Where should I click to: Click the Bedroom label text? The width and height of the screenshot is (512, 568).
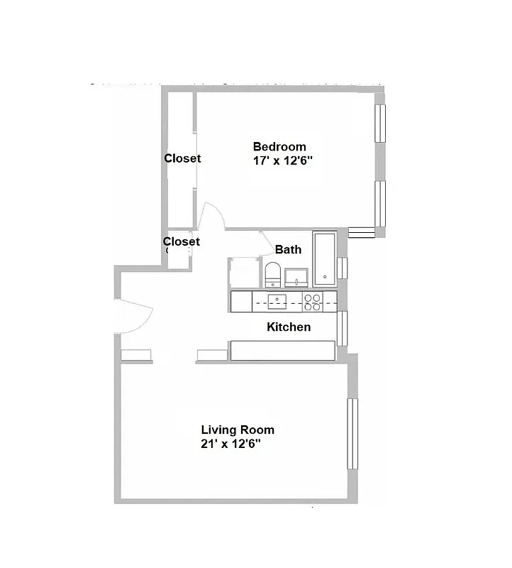click(x=279, y=147)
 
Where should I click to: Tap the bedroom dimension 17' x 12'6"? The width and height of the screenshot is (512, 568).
click(x=283, y=161)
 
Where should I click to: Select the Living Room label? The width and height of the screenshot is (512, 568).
click(x=238, y=430)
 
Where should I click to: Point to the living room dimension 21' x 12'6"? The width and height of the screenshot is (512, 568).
click(x=231, y=444)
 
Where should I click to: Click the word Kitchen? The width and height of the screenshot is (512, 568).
click(x=289, y=327)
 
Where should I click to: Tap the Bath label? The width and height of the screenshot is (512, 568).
click(x=288, y=249)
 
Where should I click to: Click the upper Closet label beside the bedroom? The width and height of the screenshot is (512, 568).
click(x=182, y=158)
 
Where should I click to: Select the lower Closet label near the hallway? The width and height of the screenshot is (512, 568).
click(x=182, y=241)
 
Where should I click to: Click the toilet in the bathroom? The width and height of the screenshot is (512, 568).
click(x=272, y=275)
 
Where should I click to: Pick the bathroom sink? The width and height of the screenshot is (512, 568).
click(x=296, y=277)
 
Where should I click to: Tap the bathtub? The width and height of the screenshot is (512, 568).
click(x=325, y=259)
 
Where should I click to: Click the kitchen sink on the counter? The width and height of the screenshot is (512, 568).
click(x=277, y=301)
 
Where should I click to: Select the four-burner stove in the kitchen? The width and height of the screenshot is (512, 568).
click(x=313, y=302)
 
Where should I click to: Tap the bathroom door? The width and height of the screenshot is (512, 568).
click(x=267, y=242)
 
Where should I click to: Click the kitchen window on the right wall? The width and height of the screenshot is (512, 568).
click(x=343, y=327)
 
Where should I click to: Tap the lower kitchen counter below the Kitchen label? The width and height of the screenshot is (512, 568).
click(x=282, y=350)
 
